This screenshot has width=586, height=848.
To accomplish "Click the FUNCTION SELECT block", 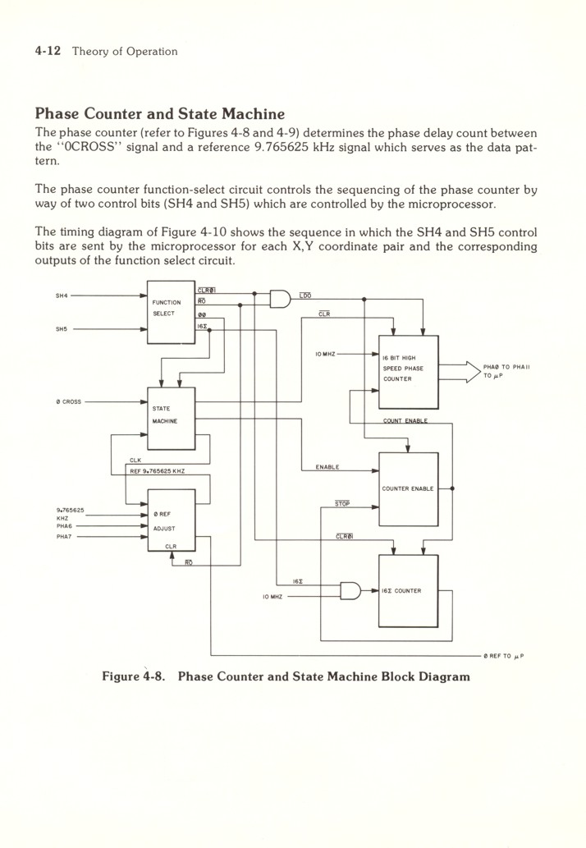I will [x=171, y=312].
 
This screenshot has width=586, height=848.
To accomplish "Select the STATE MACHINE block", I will [x=171, y=418].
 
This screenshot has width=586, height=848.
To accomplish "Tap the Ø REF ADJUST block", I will [x=171, y=520].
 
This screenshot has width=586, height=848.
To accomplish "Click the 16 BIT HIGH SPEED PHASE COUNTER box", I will [x=408, y=371].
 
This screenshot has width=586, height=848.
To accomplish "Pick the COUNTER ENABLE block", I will [x=408, y=489].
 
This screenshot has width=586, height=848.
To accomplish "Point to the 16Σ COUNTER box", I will [x=408, y=591].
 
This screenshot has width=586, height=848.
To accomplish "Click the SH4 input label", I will [x=62, y=296].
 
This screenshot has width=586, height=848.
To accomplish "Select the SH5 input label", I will [x=62, y=331].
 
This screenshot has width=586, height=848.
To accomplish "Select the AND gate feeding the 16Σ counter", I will [x=350, y=591].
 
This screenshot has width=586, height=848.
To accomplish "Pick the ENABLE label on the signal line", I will [x=327, y=467].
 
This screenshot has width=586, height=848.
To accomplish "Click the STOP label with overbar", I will [x=342, y=504].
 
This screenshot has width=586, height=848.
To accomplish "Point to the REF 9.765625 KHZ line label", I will [x=158, y=471].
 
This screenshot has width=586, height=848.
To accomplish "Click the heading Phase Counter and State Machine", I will [x=160, y=114].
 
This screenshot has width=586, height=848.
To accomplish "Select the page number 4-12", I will [x=49, y=51].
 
